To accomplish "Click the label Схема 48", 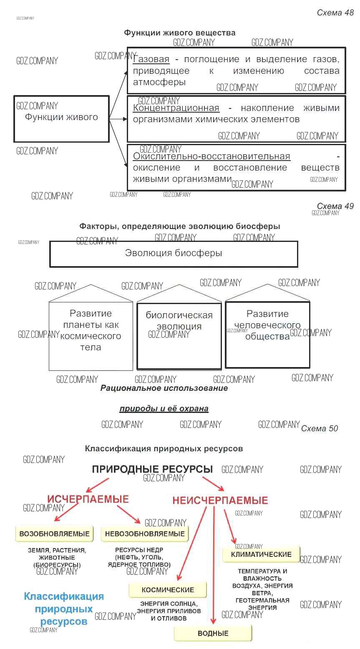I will pyautogui.click(x=335, y=13).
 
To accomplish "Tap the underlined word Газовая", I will pyautogui.click(x=151, y=59).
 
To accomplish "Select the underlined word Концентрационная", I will pyautogui.click(x=176, y=108).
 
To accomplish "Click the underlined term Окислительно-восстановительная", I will pyautogui.click(x=211, y=156).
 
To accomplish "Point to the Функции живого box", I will pyautogui.click(x=61, y=118).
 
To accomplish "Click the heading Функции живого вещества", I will pyautogui.click(x=179, y=33).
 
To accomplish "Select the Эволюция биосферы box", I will pyautogui.click(x=174, y=254).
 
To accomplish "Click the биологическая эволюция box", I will pyautogui.click(x=179, y=336).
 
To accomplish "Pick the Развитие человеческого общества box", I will pyautogui.click(x=267, y=335).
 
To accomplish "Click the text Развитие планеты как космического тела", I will pyautogui.click(x=91, y=330).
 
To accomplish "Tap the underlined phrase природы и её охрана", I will pyautogui.click(x=164, y=409).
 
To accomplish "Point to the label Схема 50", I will pyautogui.click(x=320, y=428).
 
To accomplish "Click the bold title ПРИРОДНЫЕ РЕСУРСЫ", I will pyautogui.click(x=152, y=469).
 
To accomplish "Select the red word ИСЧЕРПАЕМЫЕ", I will pyautogui.click(x=88, y=499).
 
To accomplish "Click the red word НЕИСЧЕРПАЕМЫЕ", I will pyautogui.click(x=220, y=500).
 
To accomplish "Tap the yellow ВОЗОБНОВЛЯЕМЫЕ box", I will pyautogui.click(x=54, y=534).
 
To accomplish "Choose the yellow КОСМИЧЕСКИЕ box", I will pyautogui.click(x=168, y=590).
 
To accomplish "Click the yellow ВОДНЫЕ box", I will pyautogui.click(x=213, y=633).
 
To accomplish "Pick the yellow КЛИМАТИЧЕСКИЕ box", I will pyautogui.click(x=261, y=554).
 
